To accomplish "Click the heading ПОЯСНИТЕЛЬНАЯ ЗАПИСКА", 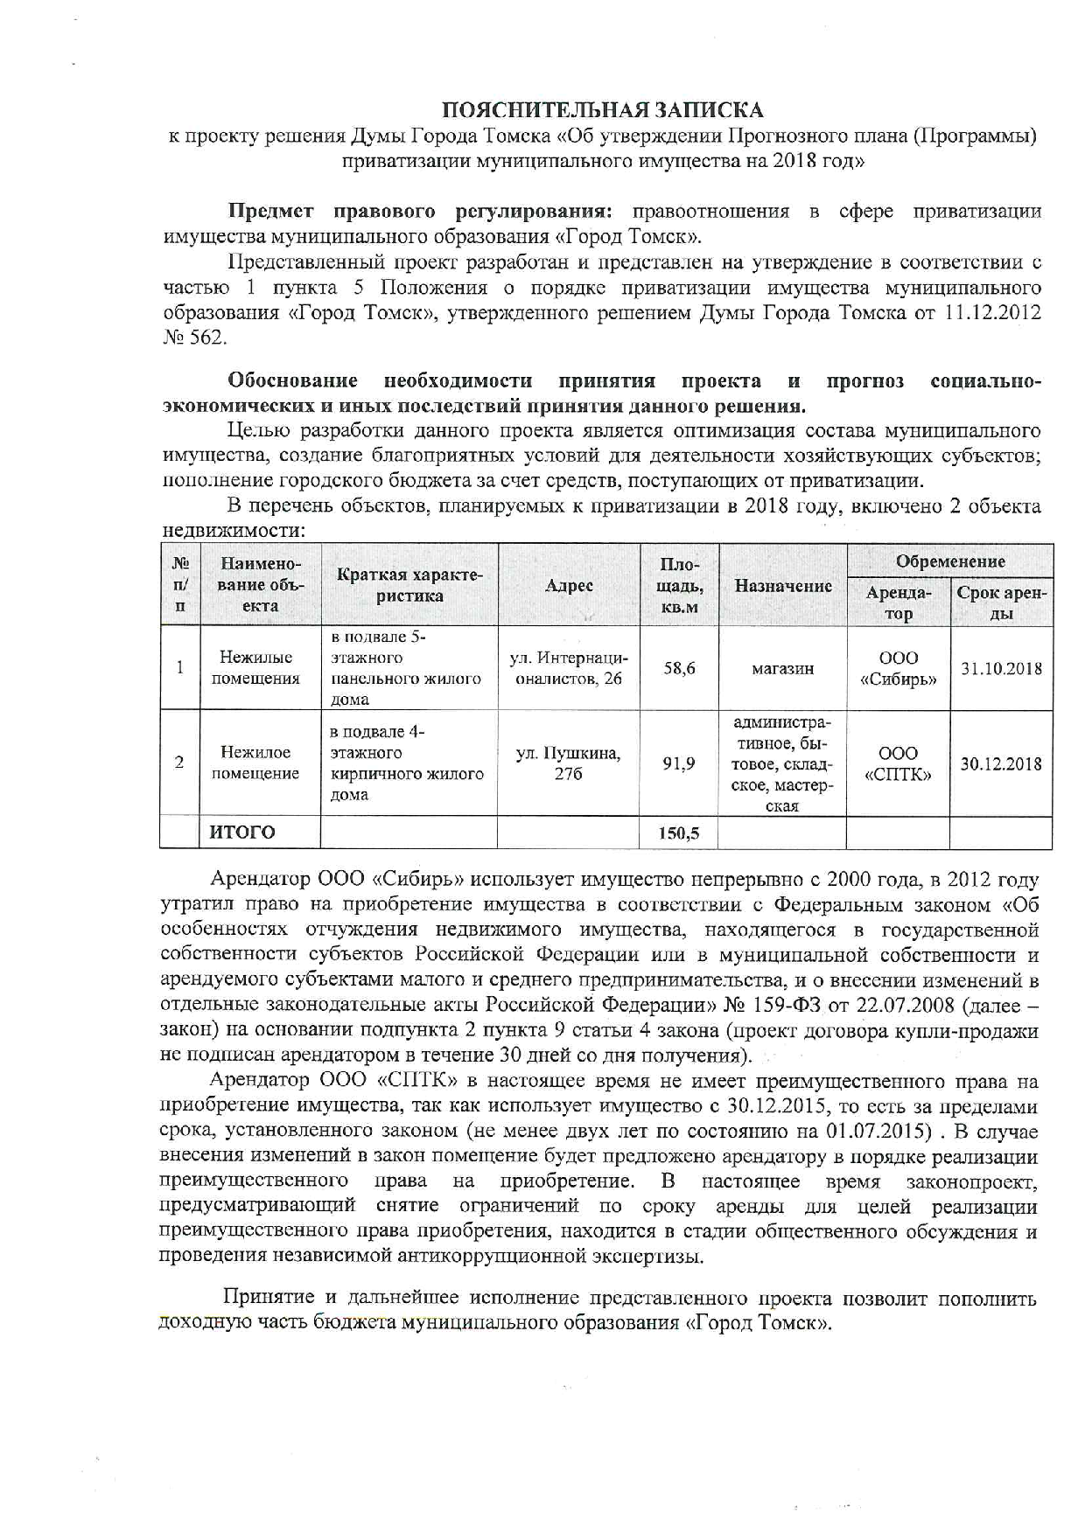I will click(x=602, y=110).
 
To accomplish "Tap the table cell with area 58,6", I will click(x=679, y=668).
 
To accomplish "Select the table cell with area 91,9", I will click(x=679, y=763).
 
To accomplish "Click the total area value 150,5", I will click(x=679, y=833).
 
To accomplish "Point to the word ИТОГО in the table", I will click(x=242, y=833).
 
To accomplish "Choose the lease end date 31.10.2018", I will click(x=1001, y=669).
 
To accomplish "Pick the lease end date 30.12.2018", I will click(x=1001, y=763).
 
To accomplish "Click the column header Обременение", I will click(x=950, y=561).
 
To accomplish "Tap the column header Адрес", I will click(x=569, y=586).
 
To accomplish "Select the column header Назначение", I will click(x=782, y=586).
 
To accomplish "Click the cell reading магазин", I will click(x=782, y=669).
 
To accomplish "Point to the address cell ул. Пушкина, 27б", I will click(x=569, y=763).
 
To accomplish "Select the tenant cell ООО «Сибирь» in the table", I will click(x=899, y=669).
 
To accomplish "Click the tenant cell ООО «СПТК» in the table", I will click(x=899, y=763).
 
